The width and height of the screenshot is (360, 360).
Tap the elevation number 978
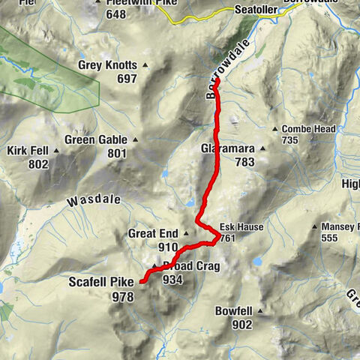(123, 296)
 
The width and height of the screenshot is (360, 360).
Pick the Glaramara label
(229, 148)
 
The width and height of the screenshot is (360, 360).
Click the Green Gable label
(96, 139)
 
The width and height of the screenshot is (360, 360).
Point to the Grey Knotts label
(108, 65)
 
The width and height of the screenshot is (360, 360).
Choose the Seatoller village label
(256, 10)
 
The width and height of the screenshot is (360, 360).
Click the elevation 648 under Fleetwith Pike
(115, 14)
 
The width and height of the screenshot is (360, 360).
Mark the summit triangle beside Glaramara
(263, 148)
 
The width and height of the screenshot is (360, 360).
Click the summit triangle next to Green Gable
(136, 139)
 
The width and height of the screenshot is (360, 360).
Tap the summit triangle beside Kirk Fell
(55, 151)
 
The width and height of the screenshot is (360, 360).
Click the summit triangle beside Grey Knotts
(145, 65)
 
